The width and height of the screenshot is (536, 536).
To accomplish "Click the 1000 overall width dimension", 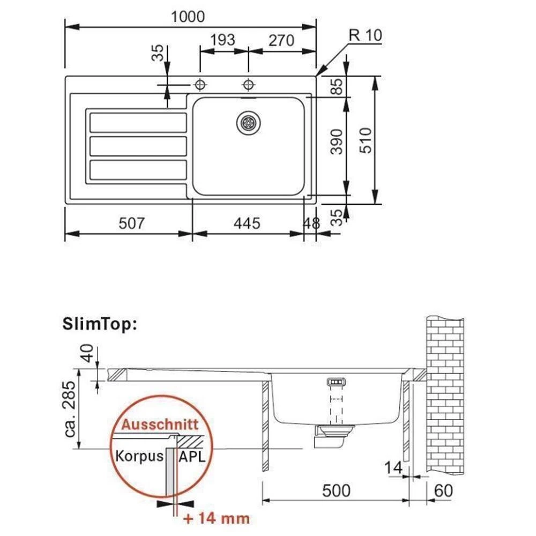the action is tap(188, 17).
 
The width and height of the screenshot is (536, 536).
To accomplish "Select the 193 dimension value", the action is tap(222, 40).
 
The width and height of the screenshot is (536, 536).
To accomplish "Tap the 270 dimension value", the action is tap(281, 40).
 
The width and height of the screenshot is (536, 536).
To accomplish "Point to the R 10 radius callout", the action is tap(365, 35).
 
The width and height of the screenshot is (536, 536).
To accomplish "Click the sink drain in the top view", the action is tap(249, 122).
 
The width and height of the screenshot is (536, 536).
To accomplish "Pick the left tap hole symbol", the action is tap(200, 84).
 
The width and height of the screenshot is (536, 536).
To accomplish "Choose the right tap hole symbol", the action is tap(248, 84).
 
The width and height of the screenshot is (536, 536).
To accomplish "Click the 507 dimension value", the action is tap(132, 224).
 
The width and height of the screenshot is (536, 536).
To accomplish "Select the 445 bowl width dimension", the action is tap(247, 224).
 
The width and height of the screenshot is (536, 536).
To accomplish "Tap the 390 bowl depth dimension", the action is tap(337, 142).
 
